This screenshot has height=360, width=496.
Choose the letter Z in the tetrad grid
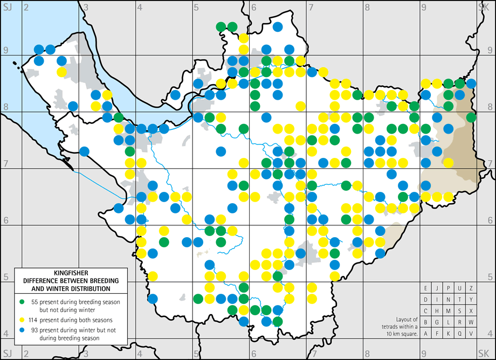[x=471, y=288]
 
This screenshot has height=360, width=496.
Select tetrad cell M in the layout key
[x=448, y=311]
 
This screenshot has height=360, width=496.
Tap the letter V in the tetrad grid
[x=471, y=334]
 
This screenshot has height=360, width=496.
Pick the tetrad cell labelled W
[x=471, y=322]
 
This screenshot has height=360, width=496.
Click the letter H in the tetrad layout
[x=437, y=311]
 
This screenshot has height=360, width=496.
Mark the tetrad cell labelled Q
[x=460, y=334]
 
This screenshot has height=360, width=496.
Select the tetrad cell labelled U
[x=460, y=288]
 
